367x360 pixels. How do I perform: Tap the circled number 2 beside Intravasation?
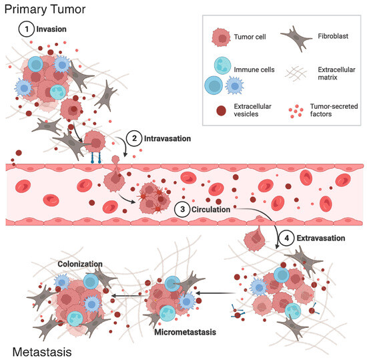tap(135, 139)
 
